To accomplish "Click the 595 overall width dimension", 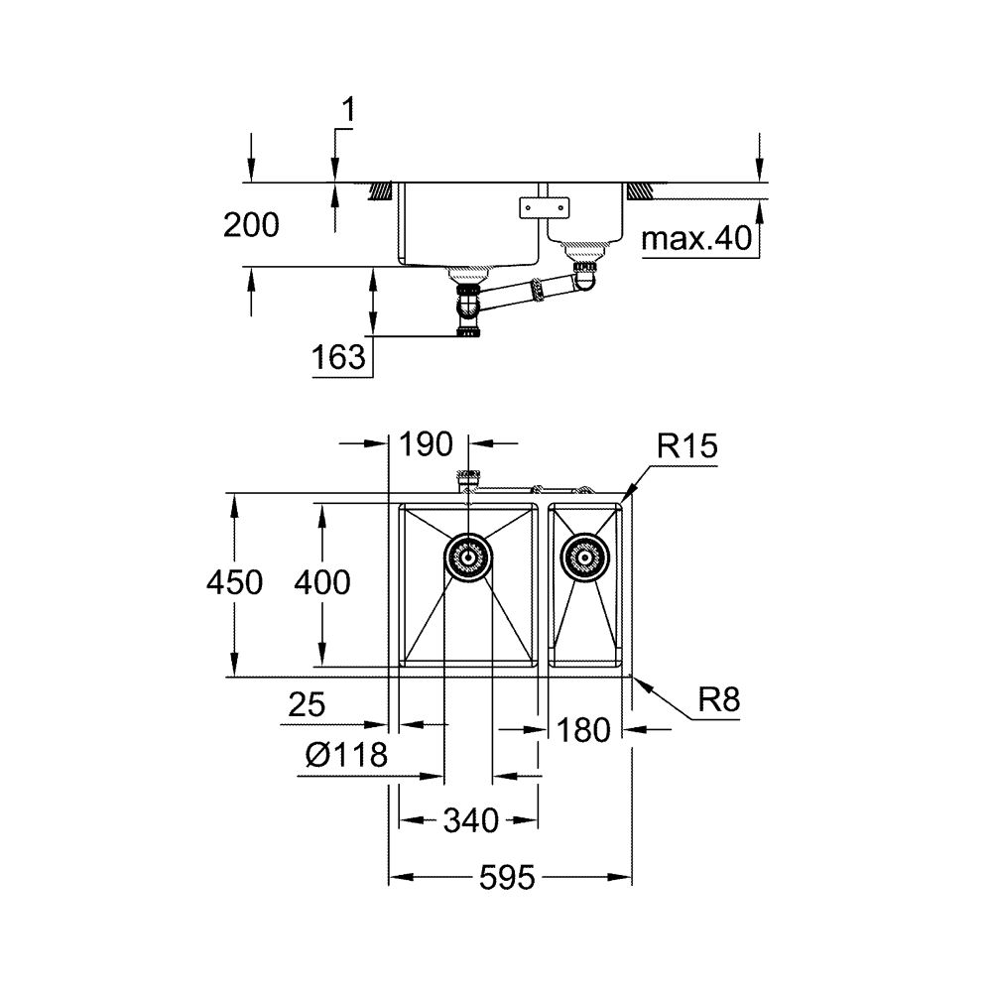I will click(x=511, y=878).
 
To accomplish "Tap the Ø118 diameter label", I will click(x=345, y=756).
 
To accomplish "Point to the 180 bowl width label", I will click(x=583, y=731).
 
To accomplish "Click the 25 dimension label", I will click(x=307, y=706).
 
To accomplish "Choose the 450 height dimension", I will click(x=235, y=583).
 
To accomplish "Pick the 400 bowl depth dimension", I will click(x=322, y=583).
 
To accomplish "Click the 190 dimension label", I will click(x=427, y=443).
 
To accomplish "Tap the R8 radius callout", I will click(x=718, y=701).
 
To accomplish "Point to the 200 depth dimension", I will click(x=251, y=226).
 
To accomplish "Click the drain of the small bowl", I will click(x=585, y=557).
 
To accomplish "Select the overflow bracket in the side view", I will click(x=546, y=207).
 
